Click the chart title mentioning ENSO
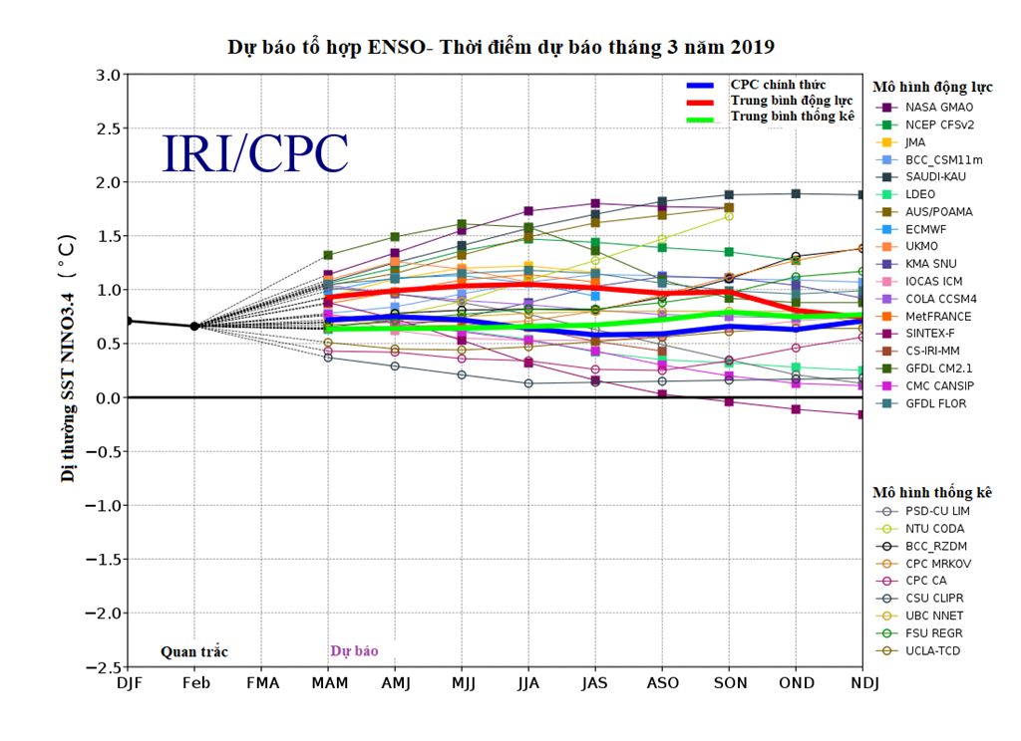click(501, 47)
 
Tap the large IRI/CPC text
click(255, 154)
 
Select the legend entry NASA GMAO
click(939, 107)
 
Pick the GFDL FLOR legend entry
click(935, 403)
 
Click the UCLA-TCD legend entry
click(933, 650)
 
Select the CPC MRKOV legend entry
click(939, 564)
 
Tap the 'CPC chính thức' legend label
click(778, 86)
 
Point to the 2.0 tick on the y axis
click(107, 182)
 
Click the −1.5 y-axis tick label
click(102, 559)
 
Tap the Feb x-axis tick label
click(195, 684)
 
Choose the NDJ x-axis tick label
click(861, 684)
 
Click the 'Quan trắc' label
click(194, 652)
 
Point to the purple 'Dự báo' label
click(354, 651)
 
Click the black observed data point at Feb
click(194, 326)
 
